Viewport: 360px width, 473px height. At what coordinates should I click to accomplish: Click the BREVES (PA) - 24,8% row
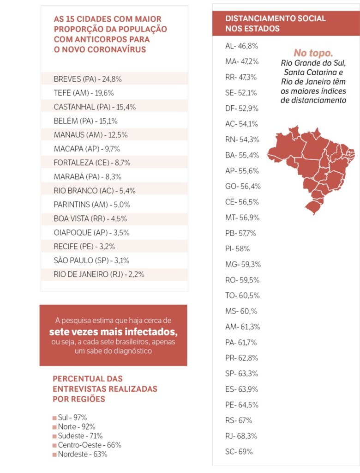tap(88, 79)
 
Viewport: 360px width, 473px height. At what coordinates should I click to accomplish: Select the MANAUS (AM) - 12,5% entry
tap(91, 135)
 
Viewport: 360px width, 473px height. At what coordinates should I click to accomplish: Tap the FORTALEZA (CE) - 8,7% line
tap(92, 163)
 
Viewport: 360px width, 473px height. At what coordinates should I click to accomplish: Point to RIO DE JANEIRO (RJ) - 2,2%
tap(99, 274)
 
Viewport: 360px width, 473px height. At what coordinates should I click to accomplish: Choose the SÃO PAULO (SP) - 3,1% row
tap(92, 261)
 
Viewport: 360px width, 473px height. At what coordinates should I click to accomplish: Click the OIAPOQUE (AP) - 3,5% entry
tap(92, 233)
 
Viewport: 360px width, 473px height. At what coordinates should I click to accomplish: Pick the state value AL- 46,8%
tap(241, 46)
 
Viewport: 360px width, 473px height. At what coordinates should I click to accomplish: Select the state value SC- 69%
tap(239, 452)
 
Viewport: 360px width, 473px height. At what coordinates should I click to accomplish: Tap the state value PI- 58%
tap(237, 249)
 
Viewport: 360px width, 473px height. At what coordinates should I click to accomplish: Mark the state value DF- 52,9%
tap(242, 109)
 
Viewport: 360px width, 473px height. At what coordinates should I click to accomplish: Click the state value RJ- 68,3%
tap(241, 436)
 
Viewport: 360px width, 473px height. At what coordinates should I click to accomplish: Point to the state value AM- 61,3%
tap(243, 327)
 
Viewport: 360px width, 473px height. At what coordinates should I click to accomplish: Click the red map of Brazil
tap(312, 169)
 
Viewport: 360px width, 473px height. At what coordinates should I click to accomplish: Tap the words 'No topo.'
tap(313, 53)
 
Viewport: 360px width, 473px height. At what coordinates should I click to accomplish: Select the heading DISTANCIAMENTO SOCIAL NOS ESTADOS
tap(276, 24)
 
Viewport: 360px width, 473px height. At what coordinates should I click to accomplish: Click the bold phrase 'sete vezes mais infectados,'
tap(114, 332)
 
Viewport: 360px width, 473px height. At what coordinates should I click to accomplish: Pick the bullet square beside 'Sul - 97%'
tap(54, 418)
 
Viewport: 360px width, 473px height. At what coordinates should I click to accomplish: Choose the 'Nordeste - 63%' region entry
tap(82, 455)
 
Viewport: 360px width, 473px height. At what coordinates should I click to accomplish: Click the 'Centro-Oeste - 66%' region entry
tap(90, 445)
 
